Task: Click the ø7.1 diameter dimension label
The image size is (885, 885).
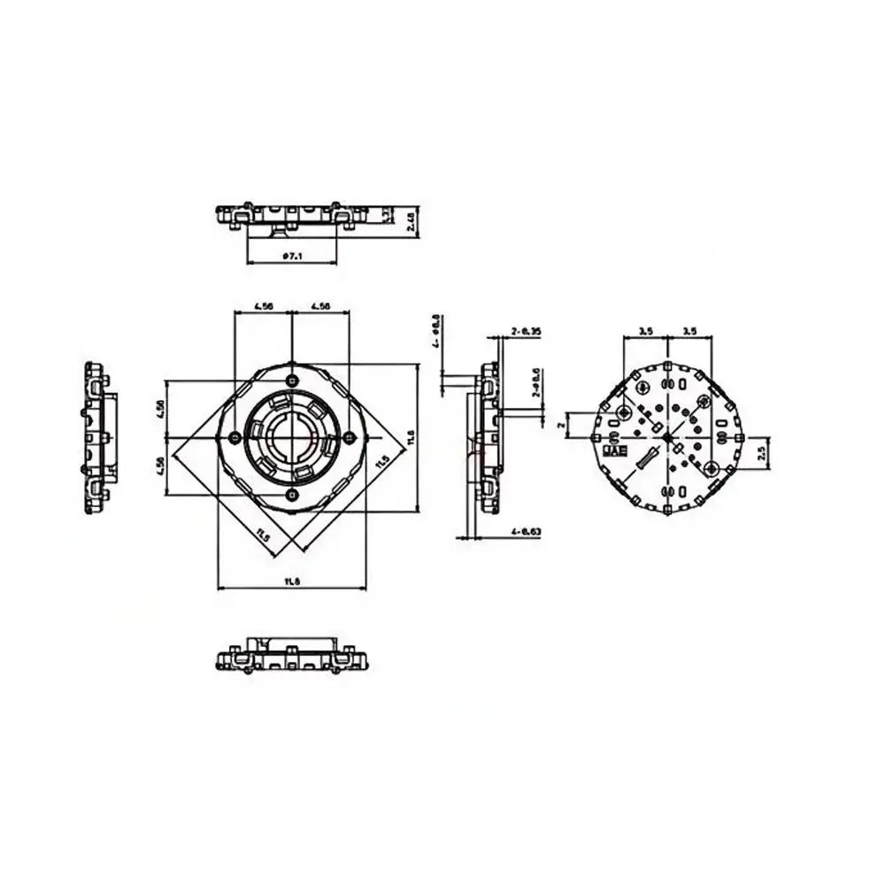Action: [x=292, y=256]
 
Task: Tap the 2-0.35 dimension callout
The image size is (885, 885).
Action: [x=526, y=330]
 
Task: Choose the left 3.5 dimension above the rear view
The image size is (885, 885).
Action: [x=644, y=330]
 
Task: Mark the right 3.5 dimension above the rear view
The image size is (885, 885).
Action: [x=689, y=330]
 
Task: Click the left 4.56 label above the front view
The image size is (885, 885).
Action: [x=263, y=305]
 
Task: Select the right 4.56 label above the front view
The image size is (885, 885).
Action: [x=320, y=305]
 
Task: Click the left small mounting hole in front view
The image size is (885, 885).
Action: [x=233, y=437]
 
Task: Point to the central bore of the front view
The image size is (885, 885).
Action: [x=292, y=436]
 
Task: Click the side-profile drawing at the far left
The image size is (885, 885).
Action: [x=96, y=437]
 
